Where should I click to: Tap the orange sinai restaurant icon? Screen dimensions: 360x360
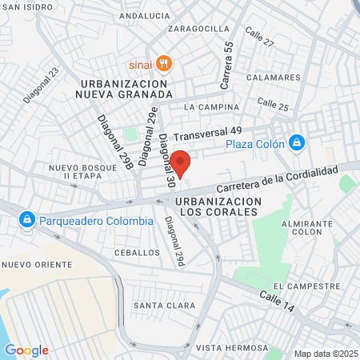[164, 63]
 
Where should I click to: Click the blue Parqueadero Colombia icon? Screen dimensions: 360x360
[27, 219]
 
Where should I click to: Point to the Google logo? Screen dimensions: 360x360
[26, 350]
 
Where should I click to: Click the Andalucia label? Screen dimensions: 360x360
[144, 15]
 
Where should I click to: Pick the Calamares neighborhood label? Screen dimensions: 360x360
[278, 78]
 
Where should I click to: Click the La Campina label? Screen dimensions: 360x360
[211, 106]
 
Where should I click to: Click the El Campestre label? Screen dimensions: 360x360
[306, 286]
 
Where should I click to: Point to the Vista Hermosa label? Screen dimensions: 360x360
[232, 347]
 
